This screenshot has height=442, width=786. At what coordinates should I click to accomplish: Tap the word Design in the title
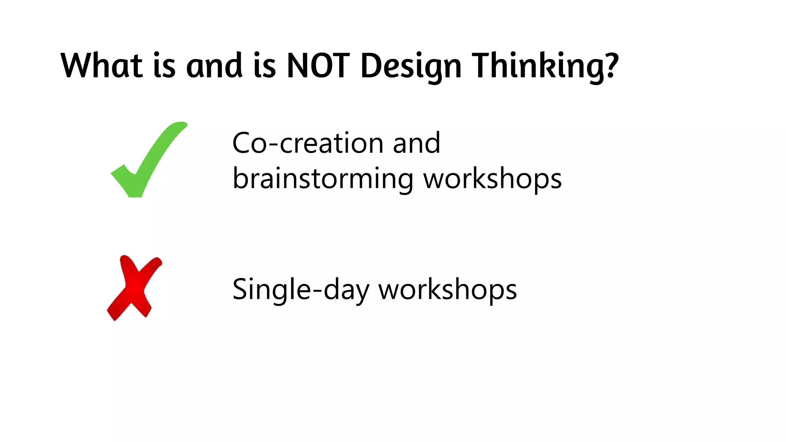(x=411, y=66)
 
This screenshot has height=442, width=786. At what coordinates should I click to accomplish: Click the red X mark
(x=134, y=288)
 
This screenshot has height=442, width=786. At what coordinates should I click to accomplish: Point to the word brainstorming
(x=323, y=178)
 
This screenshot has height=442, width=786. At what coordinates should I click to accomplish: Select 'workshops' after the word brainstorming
(x=492, y=178)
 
